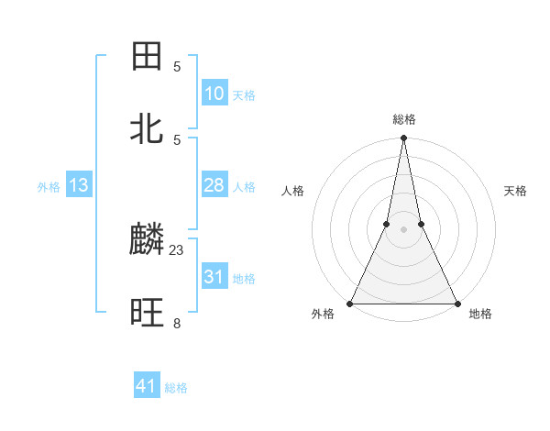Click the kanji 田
coord(148,57)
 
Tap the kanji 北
coord(148,129)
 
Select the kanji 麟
coord(148,241)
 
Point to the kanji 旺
coord(148,315)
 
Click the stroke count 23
coord(177,249)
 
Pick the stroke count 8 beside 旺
coord(177,323)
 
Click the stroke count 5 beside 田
coord(177,66)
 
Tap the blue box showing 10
coord(214,94)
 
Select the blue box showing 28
coord(214,185)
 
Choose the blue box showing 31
coord(214,277)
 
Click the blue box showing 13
coord(79,185)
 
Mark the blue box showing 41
coord(147,386)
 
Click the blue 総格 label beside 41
coord(176,388)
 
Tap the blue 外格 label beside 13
coord(49,187)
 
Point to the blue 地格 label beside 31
coord(244,279)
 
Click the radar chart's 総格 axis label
coord(403,120)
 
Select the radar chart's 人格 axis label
coord(293,192)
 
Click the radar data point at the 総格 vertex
coord(403,139)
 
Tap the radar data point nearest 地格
coord(456,303)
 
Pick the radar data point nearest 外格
coord(350,303)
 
